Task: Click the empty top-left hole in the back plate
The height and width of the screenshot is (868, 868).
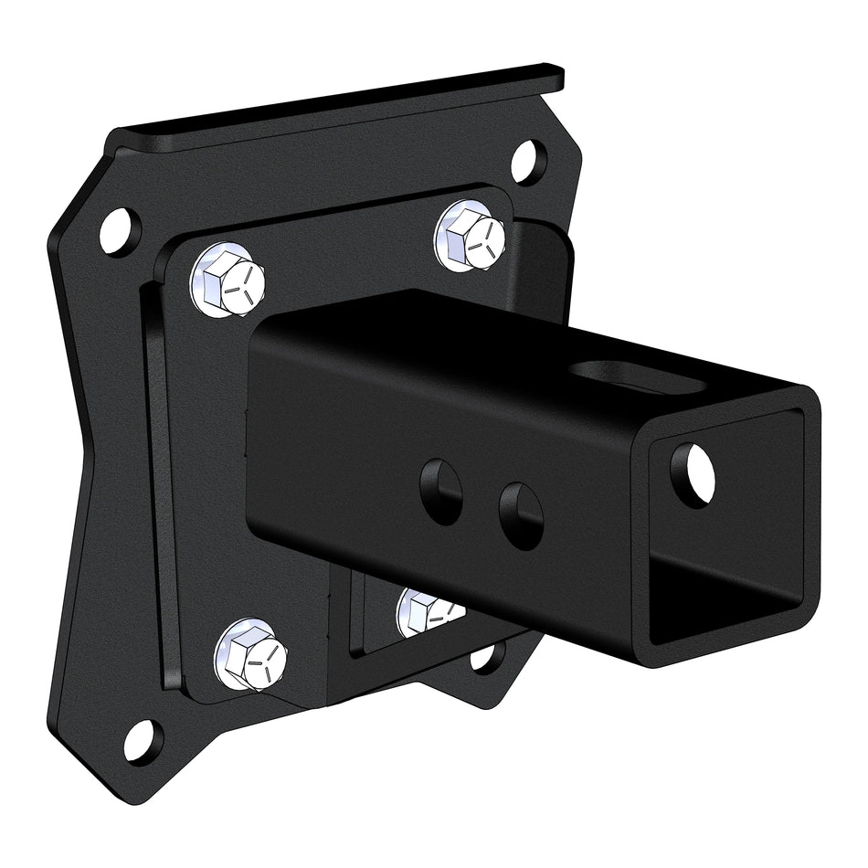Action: point(119,231)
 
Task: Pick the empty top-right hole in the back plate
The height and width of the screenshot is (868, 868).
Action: point(529,162)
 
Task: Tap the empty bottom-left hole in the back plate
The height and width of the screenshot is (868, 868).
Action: point(143,740)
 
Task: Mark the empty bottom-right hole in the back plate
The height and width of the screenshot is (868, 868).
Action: point(488,656)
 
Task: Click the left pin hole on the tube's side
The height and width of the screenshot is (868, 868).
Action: point(440,492)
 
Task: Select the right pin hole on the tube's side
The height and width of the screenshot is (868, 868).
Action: point(522,515)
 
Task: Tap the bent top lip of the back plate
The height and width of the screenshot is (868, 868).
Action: point(347,108)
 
